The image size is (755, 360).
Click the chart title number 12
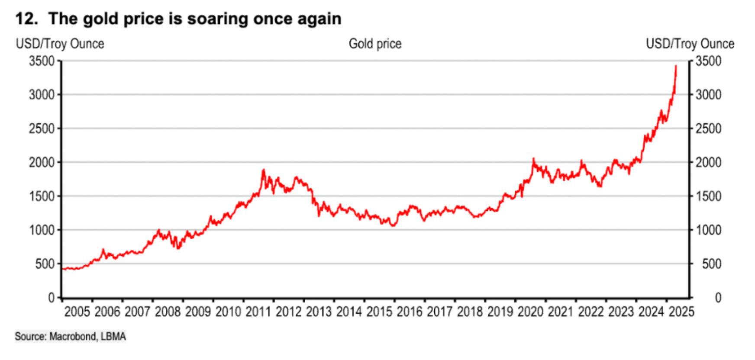click(x=24, y=19)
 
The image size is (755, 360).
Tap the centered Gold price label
click(x=375, y=44)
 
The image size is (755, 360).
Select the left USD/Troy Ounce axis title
click(x=60, y=44)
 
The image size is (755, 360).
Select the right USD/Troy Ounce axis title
click(x=690, y=44)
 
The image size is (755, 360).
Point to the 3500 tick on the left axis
click(x=42, y=61)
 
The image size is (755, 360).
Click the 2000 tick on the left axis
click(x=42, y=162)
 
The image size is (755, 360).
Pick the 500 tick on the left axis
click(x=45, y=264)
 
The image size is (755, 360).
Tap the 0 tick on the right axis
click(x=718, y=298)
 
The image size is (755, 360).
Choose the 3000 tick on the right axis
click(x=709, y=95)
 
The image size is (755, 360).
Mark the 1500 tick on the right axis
click(x=709, y=196)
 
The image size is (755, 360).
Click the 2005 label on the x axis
click(x=77, y=312)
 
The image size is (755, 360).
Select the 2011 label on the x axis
click(x=258, y=312)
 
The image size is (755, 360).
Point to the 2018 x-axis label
click(x=470, y=312)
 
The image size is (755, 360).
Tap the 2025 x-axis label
click(x=681, y=312)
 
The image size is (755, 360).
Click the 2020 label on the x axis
click(x=530, y=312)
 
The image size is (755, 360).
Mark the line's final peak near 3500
click(x=676, y=66)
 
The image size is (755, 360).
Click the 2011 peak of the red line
click(x=263, y=170)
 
